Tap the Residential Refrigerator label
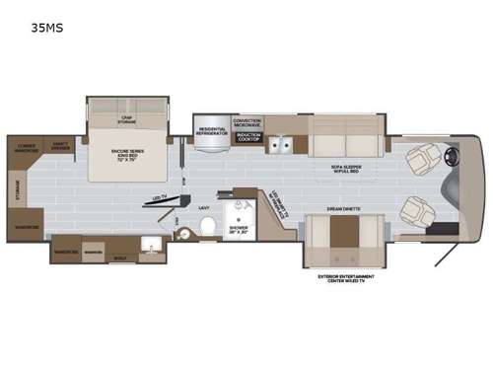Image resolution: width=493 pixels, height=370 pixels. pos(212,130)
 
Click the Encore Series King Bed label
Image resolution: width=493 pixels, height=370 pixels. pos(131,155)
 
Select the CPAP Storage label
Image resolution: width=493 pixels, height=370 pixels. pos(127,119)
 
